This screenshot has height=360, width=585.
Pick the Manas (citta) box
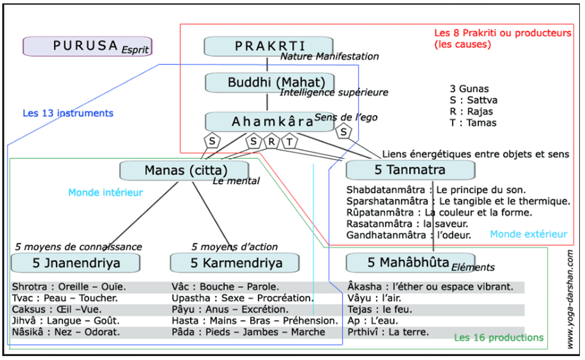coord(184,170)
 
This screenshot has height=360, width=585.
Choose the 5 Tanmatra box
coord(409,169)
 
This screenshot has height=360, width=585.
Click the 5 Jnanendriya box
coord(75,262)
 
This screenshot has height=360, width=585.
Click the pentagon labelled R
coord(271,142)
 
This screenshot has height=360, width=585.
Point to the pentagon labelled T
coord(289,142)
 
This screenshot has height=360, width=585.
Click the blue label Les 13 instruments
coord(68,113)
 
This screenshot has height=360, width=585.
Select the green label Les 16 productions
coord(499,337)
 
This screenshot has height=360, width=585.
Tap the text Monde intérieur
coord(105,192)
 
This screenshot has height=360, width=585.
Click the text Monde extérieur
coord(529,234)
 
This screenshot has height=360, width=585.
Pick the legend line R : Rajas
coord(473,111)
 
